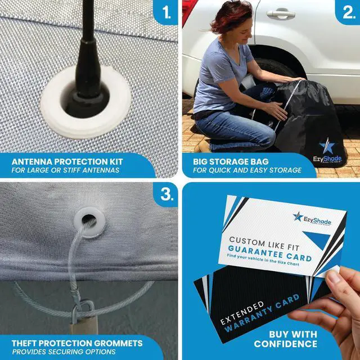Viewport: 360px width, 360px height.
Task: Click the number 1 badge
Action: click(x=166, y=12)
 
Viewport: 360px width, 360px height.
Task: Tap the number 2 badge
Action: click(x=348, y=12)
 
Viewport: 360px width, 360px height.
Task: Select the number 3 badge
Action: click(x=166, y=195)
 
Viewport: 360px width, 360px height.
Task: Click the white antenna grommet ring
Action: click(x=85, y=124)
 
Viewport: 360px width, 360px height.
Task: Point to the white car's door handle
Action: click(x=281, y=14)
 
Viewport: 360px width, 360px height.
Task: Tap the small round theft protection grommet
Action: click(x=89, y=222)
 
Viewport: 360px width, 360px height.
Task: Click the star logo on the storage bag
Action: click(x=327, y=146)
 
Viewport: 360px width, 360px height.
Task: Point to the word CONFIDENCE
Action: click(x=285, y=344)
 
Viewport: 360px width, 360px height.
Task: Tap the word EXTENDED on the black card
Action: click(x=242, y=313)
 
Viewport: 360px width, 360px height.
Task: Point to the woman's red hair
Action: click(x=230, y=15)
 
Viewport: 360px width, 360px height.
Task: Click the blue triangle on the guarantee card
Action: click(x=317, y=239)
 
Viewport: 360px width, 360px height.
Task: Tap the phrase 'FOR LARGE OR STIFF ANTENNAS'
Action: click(x=65, y=170)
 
